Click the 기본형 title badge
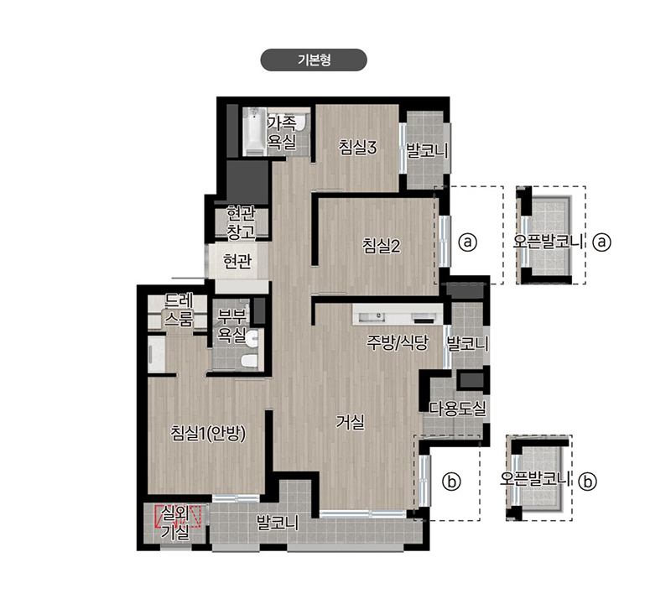[x=314, y=60]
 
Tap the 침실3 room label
[x=358, y=148]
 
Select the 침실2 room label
[x=382, y=246]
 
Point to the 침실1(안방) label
[x=208, y=433]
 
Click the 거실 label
[x=350, y=422]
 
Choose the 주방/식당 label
[x=398, y=342]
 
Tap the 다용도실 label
[x=458, y=408]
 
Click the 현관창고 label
[x=241, y=222]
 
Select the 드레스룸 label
[x=179, y=310]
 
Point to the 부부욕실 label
[x=231, y=326]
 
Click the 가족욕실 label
[x=282, y=133]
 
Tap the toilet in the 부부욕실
[x=249, y=361]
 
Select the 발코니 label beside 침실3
[x=427, y=150]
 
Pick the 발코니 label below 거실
[x=278, y=523]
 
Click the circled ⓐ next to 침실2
[x=467, y=242]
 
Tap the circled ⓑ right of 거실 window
[x=451, y=482]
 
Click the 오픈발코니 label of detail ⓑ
[x=535, y=478]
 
